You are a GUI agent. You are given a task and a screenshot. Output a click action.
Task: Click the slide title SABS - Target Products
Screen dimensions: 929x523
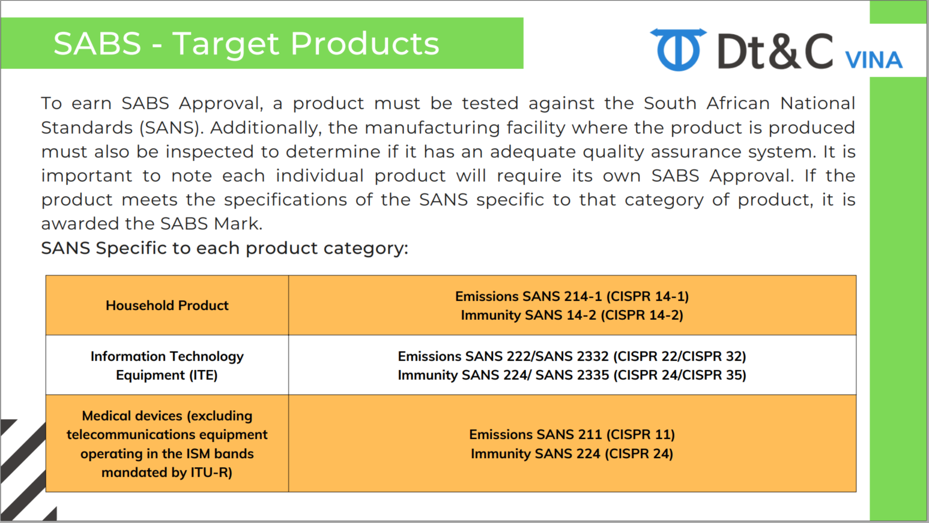pos(246,43)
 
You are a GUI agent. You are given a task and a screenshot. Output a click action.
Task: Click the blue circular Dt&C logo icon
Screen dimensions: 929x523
pos(678,50)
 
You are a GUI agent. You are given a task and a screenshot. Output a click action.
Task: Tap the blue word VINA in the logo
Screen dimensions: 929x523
pos(874,60)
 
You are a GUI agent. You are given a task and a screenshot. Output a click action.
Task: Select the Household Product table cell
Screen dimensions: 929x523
pos(167,305)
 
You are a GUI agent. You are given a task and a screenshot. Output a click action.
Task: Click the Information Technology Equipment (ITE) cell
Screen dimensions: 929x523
pos(167,365)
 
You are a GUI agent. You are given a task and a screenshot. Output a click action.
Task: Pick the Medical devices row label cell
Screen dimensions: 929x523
pos(167,443)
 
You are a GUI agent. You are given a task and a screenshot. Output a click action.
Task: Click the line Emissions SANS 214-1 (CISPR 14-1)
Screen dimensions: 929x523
pos(572,296)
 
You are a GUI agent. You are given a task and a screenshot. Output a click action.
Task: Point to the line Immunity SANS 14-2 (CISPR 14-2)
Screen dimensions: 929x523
pos(572,315)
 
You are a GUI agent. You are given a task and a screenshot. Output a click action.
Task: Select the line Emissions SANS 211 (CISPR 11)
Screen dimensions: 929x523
pos(572,434)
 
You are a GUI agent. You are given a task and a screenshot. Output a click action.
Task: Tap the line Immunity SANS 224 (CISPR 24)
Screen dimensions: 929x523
pos(572,453)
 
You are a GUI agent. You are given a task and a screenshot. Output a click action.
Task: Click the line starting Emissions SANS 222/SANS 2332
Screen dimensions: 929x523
pos(572,356)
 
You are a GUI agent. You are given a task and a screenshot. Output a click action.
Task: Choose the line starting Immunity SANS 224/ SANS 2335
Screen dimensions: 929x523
pos(572,375)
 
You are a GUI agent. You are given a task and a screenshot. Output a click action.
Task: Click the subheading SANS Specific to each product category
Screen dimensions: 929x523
pos(225,248)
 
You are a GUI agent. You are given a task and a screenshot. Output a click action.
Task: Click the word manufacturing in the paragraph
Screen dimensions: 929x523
pos(432,128)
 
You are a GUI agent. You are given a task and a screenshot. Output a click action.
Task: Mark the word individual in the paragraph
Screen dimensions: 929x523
pos(319,176)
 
